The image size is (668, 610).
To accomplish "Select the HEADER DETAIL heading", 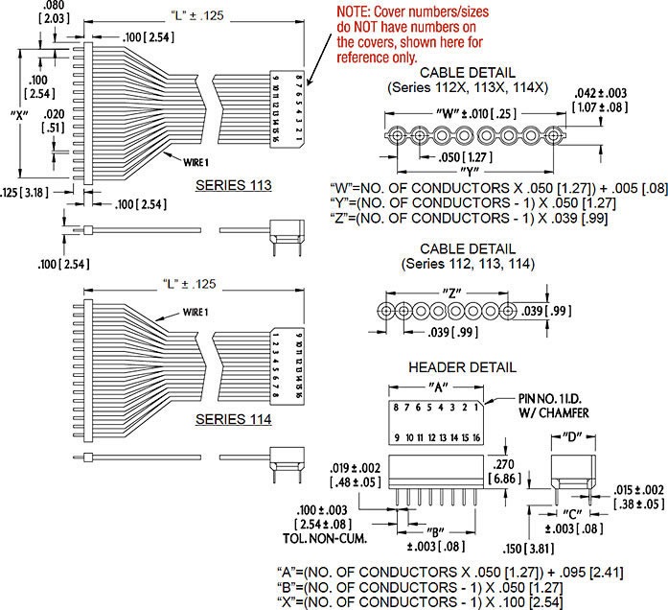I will pos(462,366).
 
